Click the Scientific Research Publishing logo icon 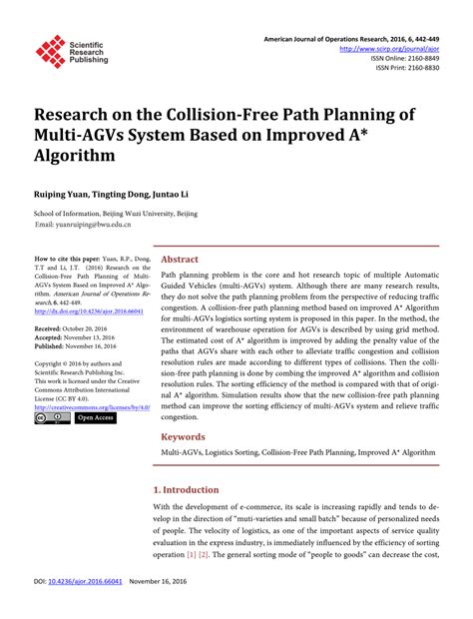(x=50, y=50)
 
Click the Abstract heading (x=180, y=259)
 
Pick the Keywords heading (x=185, y=436)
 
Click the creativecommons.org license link (x=91, y=407)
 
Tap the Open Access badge (x=96, y=419)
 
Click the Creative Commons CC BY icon (x=52, y=419)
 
